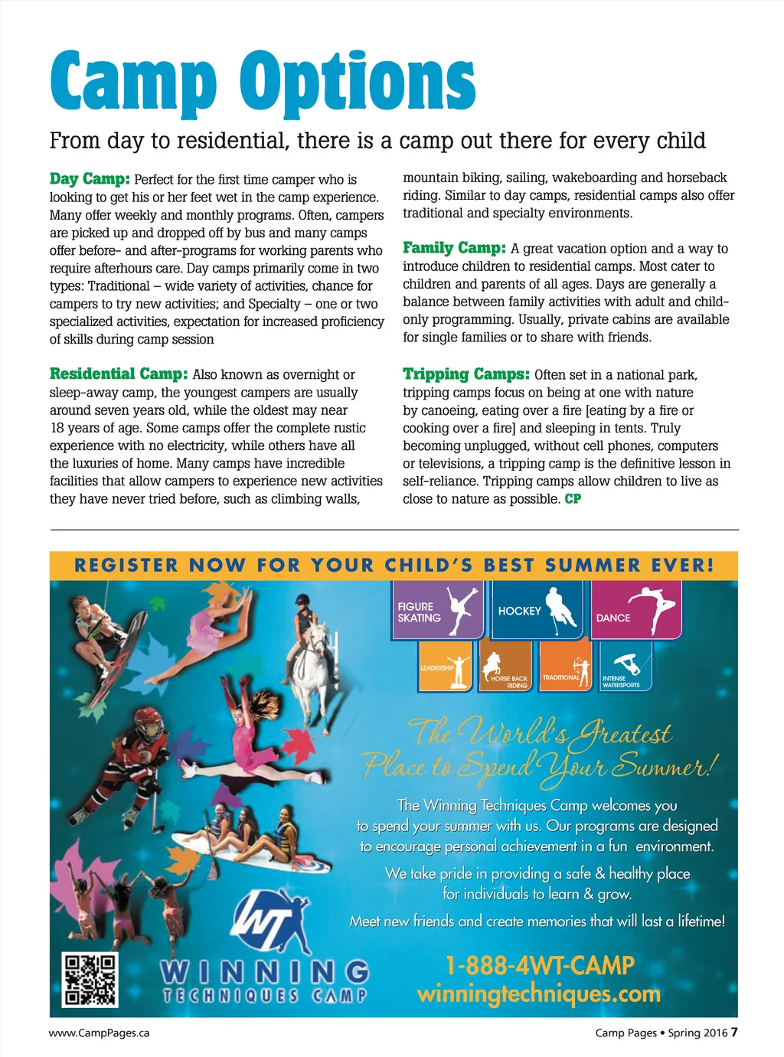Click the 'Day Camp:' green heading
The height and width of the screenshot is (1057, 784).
(x=90, y=179)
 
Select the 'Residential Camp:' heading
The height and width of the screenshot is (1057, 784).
(x=118, y=374)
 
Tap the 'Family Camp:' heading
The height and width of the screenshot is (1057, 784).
(x=454, y=248)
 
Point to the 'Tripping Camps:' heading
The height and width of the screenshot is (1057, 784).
(x=465, y=374)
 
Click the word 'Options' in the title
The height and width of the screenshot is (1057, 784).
(x=358, y=83)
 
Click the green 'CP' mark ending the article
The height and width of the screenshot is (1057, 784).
(x=573, y=499)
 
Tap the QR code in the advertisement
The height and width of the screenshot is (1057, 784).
(x=90, y=980)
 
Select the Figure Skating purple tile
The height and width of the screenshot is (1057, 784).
(x=438, y=610)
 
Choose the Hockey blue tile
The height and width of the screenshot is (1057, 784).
(x=536, y=610)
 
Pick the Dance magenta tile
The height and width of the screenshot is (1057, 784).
(x=635, y=610)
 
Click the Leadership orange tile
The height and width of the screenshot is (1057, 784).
(x=446, y=667)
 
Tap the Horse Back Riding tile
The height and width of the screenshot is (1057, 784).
(x=505, y=667)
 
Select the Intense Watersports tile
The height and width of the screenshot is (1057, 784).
(x=626, y=667)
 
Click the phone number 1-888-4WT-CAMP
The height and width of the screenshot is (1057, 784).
(x=539, y=965)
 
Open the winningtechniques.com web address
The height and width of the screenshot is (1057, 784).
(x=538, y=994)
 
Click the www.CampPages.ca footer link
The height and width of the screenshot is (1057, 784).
(x=100, y=1033)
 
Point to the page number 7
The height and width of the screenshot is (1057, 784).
(x=734, y=1032)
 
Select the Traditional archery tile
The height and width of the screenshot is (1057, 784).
(x=567, y=667)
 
